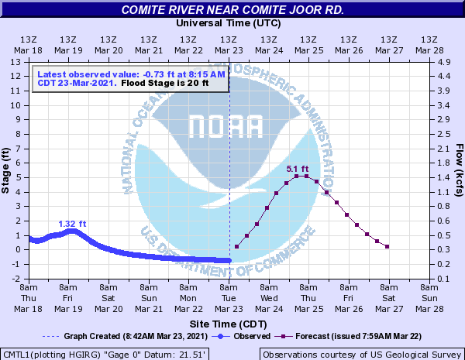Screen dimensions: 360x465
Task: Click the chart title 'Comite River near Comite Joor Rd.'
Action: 232,10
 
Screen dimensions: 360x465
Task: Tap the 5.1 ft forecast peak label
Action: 298,170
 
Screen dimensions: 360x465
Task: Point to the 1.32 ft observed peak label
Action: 72,225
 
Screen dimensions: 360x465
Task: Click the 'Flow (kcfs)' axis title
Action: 459,169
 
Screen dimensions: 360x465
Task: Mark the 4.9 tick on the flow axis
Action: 443,62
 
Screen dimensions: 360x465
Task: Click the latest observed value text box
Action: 130,78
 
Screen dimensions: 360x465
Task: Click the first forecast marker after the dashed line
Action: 236,247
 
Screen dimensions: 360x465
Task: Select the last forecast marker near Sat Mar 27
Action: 387,247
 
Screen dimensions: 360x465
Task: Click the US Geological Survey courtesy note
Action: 361,354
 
